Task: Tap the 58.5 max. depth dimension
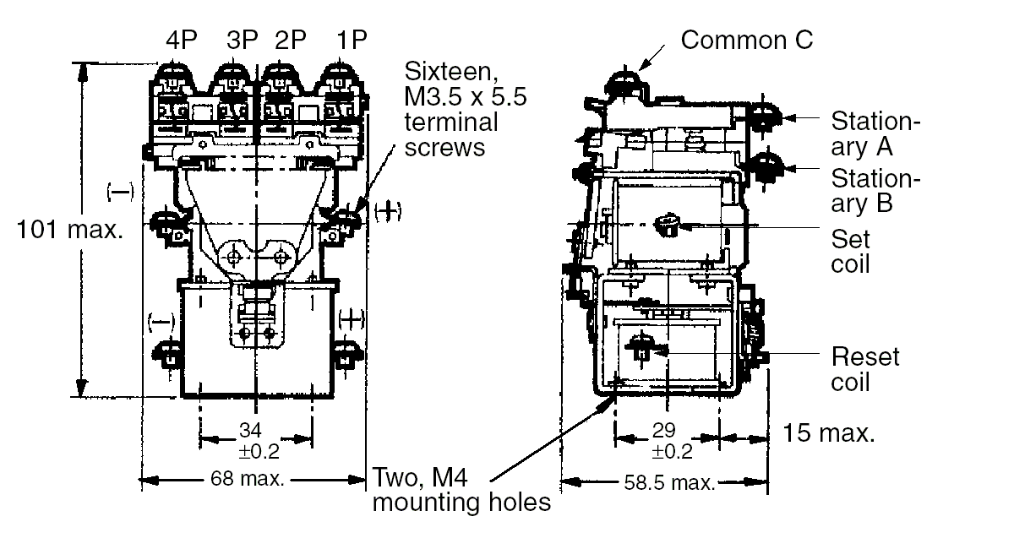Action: [x=669, y=483]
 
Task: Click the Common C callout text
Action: [x=747, y=39]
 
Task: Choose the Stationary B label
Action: [x=874, y=191]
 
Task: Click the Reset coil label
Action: [x=865, y=368]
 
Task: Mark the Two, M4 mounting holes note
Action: [x=461, y=491]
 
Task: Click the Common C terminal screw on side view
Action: [x=625, y=83]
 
